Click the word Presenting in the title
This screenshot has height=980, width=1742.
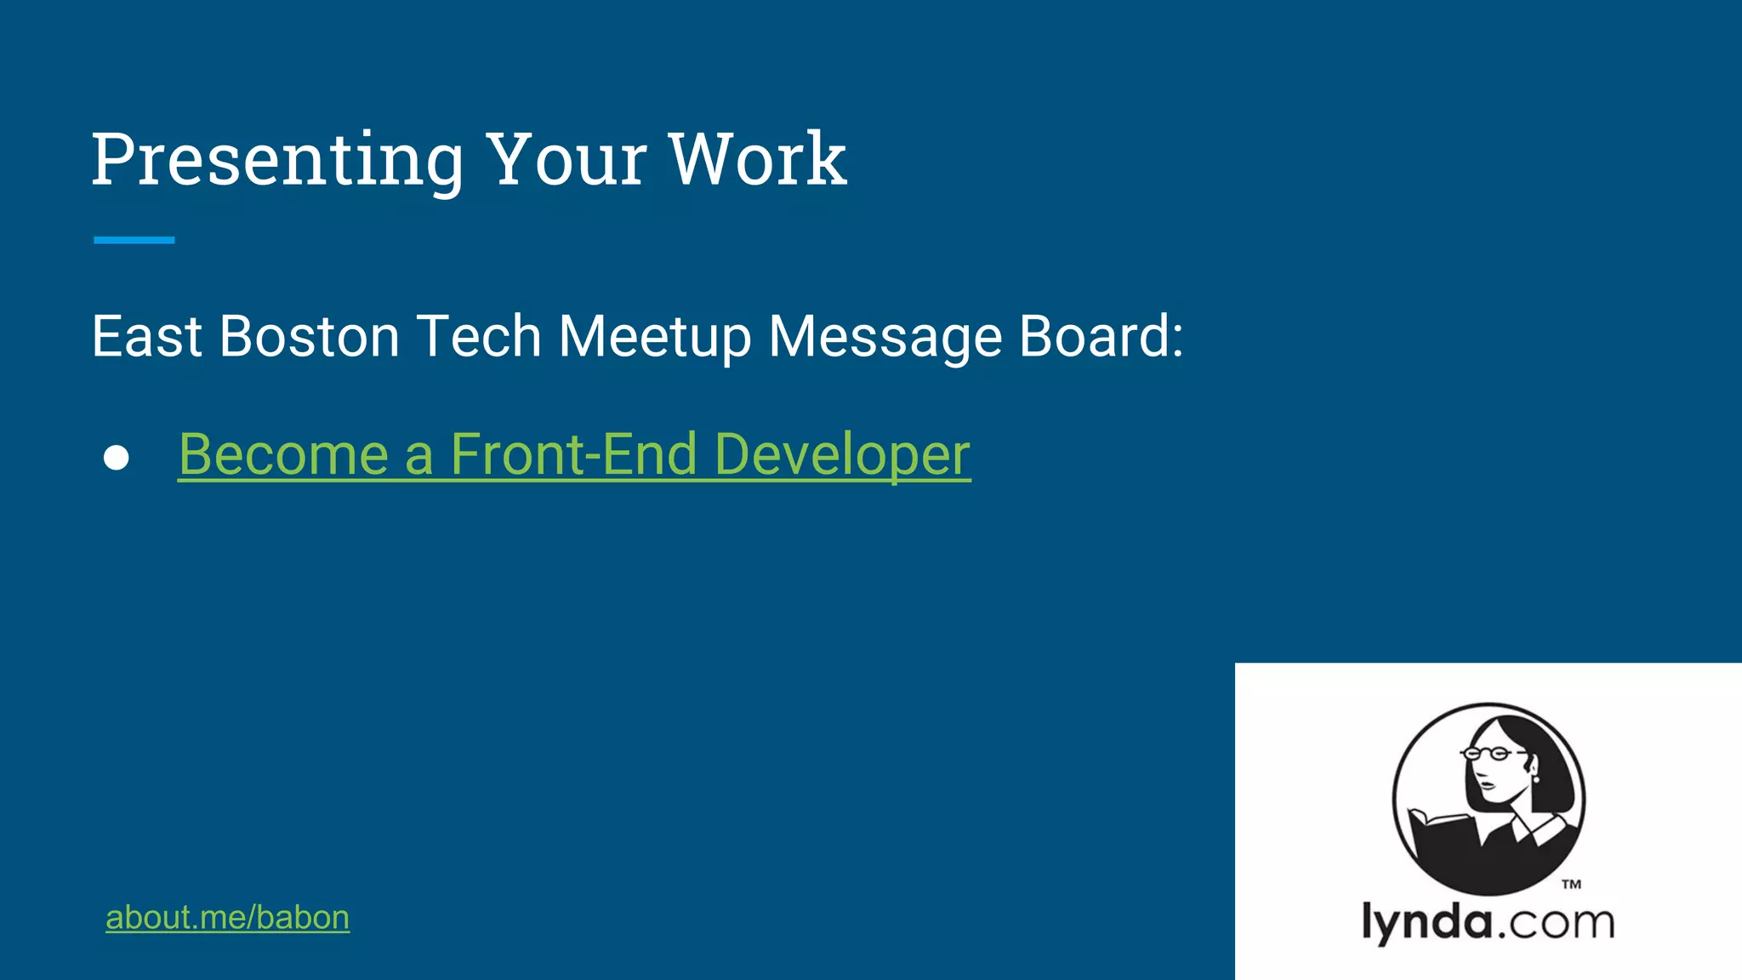[277, 160]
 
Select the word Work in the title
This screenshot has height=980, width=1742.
[757, 160]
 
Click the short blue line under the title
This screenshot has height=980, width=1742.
[134, 241]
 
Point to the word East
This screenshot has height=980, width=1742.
[146, 337]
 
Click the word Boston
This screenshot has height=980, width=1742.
[310, 337]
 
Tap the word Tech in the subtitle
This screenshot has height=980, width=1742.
[479, 337]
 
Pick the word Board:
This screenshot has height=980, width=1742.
[1101, 337]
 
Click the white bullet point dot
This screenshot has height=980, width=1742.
[117, 458]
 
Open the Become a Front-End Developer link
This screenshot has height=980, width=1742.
[573, 455]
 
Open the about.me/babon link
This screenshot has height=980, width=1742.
[227, 918]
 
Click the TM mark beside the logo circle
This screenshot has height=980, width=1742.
[1571, 885]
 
